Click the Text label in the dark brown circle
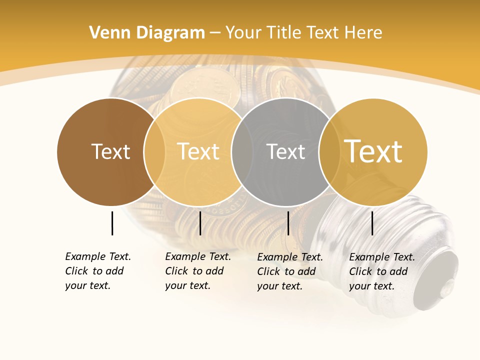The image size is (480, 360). tap(110, 151)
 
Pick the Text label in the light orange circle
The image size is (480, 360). tap(198, 151)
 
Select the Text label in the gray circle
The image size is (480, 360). tap(285, 151)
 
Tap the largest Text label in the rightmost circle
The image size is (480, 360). tap(373, 151)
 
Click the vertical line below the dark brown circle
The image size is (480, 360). tap(112, 223)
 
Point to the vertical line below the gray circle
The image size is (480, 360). tap(288, 223)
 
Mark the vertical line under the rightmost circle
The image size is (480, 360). tap(372, 223)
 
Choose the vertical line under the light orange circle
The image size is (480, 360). tap(200, 223)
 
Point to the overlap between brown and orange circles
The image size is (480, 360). tap(154, 151)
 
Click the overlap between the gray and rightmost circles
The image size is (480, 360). tap(329, 151)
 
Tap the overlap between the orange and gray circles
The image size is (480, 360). tap(242, 151)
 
